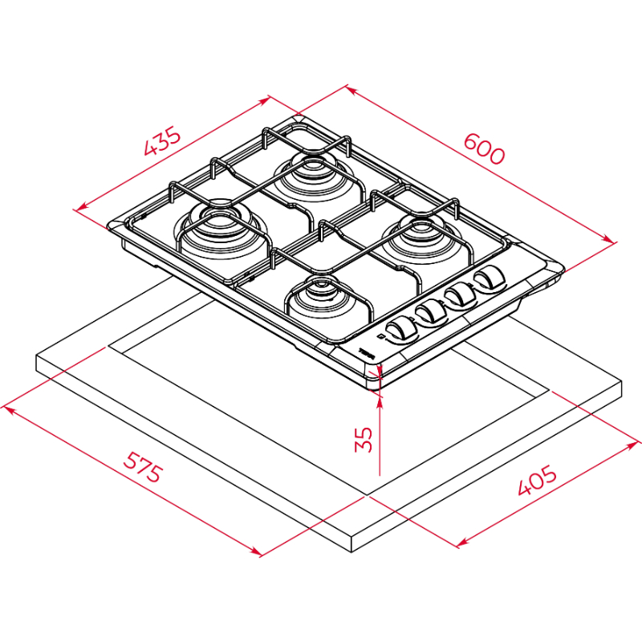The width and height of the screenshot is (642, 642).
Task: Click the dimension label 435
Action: click(162, 141)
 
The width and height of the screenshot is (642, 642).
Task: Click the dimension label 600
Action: click(485, 149)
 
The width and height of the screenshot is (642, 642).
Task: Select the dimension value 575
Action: click(143, 467)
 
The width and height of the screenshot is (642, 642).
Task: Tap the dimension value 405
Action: click(537, 479)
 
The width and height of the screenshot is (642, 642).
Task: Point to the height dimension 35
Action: click(364, 439)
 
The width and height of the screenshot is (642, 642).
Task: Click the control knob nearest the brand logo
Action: click(402, 330)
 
